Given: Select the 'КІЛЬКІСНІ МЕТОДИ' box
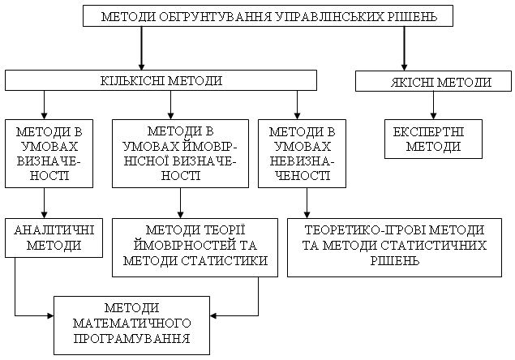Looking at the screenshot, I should (x=160, y=80).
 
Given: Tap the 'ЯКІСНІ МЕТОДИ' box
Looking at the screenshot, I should (x=434, y=82).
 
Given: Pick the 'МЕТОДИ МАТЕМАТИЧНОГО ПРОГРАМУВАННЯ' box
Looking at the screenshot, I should (x=131, y=323).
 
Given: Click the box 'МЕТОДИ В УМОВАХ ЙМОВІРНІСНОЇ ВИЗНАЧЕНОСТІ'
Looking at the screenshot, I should (x=179, y=153).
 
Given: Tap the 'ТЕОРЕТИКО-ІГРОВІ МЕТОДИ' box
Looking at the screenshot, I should (x=398, y=246).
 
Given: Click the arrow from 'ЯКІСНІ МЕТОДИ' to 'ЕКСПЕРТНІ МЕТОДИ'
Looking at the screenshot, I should (x=434, y=105).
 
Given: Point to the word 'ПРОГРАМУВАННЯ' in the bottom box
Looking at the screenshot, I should (x=131, y=337).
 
